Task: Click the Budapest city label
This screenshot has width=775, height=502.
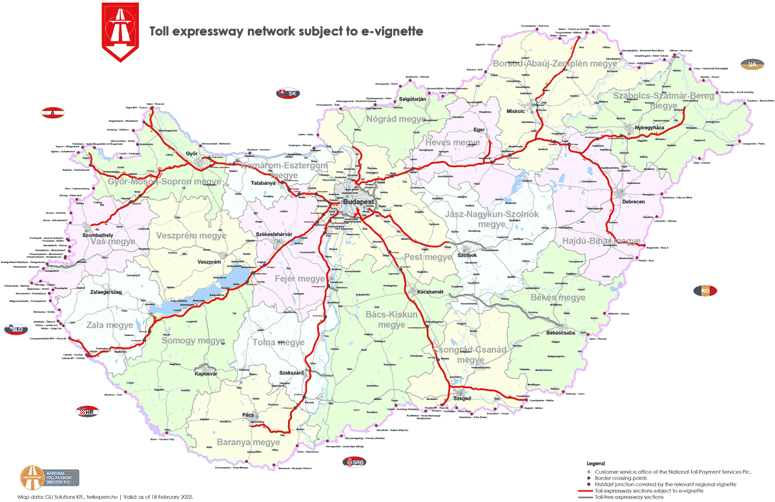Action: [358, 202]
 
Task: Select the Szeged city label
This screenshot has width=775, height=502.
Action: [462, 399]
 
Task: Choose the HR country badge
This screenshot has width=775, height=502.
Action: [87, 412]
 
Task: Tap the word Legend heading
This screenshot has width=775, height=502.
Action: [595, 464]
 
